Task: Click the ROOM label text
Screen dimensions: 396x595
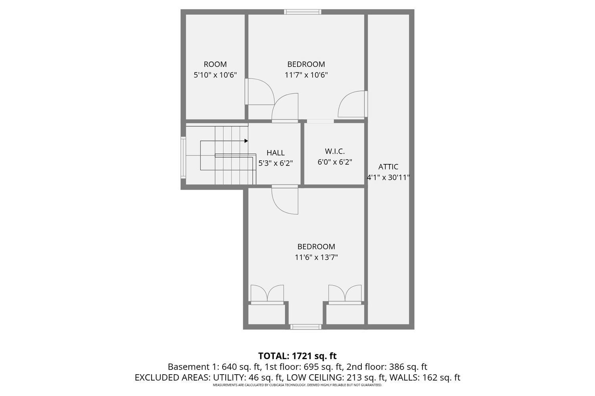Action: pos(215,64)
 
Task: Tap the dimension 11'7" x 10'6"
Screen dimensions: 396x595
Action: pos(306,75)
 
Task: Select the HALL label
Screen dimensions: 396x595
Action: pos(275,152)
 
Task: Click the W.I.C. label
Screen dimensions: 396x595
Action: pos(334,151)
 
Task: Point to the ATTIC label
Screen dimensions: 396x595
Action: pos(388,167)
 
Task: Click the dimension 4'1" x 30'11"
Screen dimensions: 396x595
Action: pos(388,178)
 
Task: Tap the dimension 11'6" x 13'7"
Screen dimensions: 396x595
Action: pos(316,257)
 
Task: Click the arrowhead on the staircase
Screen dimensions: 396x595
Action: pos(246,141)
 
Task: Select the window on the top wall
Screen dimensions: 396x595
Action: pos(303,12)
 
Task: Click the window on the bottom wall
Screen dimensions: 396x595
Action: pos(305,327)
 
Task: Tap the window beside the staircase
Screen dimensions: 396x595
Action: pos(183,157)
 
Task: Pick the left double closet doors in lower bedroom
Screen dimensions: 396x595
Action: pos(267,294)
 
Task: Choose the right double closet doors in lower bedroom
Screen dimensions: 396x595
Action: pos(345,294)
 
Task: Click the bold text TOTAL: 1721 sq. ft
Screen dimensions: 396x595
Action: pos(297,356)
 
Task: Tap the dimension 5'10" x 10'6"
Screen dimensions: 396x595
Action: pos(215,75)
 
